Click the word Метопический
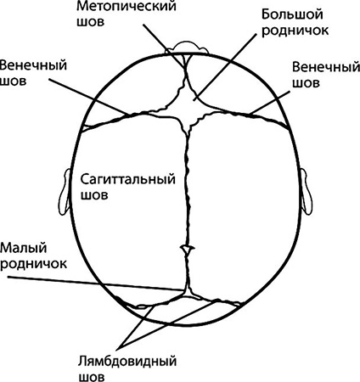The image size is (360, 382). (127, 7)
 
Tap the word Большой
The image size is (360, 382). (292, 14)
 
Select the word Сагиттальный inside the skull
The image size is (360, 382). (128, 180)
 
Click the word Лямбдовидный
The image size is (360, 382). (127, 362)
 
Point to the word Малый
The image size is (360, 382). (24, 249)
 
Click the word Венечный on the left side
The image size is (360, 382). (33, 65)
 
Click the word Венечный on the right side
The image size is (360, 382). (326, 68)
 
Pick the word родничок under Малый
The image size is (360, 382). (33, 264)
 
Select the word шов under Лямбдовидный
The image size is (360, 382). (91, 377)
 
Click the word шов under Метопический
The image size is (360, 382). (90, 23)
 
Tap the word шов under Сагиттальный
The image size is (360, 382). (94, 195)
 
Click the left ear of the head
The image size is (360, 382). (64, 192)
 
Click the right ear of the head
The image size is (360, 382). (307, 191)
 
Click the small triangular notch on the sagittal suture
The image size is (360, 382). (187, 249)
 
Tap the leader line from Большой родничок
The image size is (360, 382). (224, 66)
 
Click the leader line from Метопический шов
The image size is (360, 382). (164, 46)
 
